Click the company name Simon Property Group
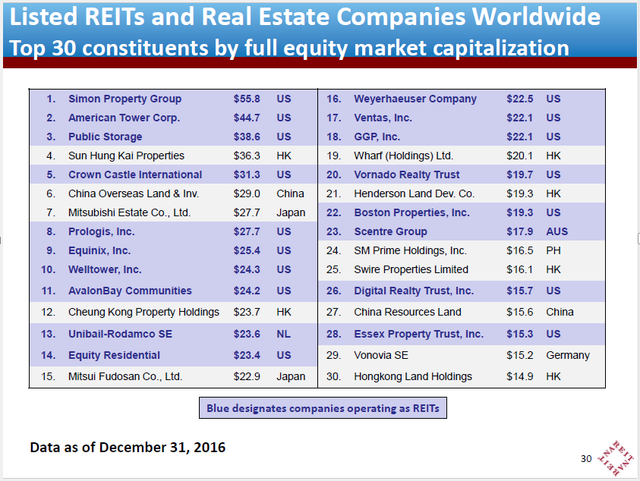tap(125, 99)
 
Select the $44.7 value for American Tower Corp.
tap(247, 118)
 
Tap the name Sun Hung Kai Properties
tap(126, 156)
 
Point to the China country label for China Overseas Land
tap(291, 193)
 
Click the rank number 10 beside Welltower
tap(49, 269)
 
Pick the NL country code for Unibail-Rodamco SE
tap(284, 334)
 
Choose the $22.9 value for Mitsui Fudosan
tap(247, 376)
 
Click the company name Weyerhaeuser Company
tap(415, 99)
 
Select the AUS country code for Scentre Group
tap(556, 231)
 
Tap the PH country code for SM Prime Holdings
tap(553, 250)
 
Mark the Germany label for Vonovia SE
tap(567, 355)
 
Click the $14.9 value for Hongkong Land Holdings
tap(520, 376)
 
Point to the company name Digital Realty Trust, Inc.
tap(413, 291)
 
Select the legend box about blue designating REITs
tap(323, 408)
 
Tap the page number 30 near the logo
tap(585, 458)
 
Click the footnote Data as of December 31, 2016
tap(128, 447)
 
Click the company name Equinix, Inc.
tap(99, 250)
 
